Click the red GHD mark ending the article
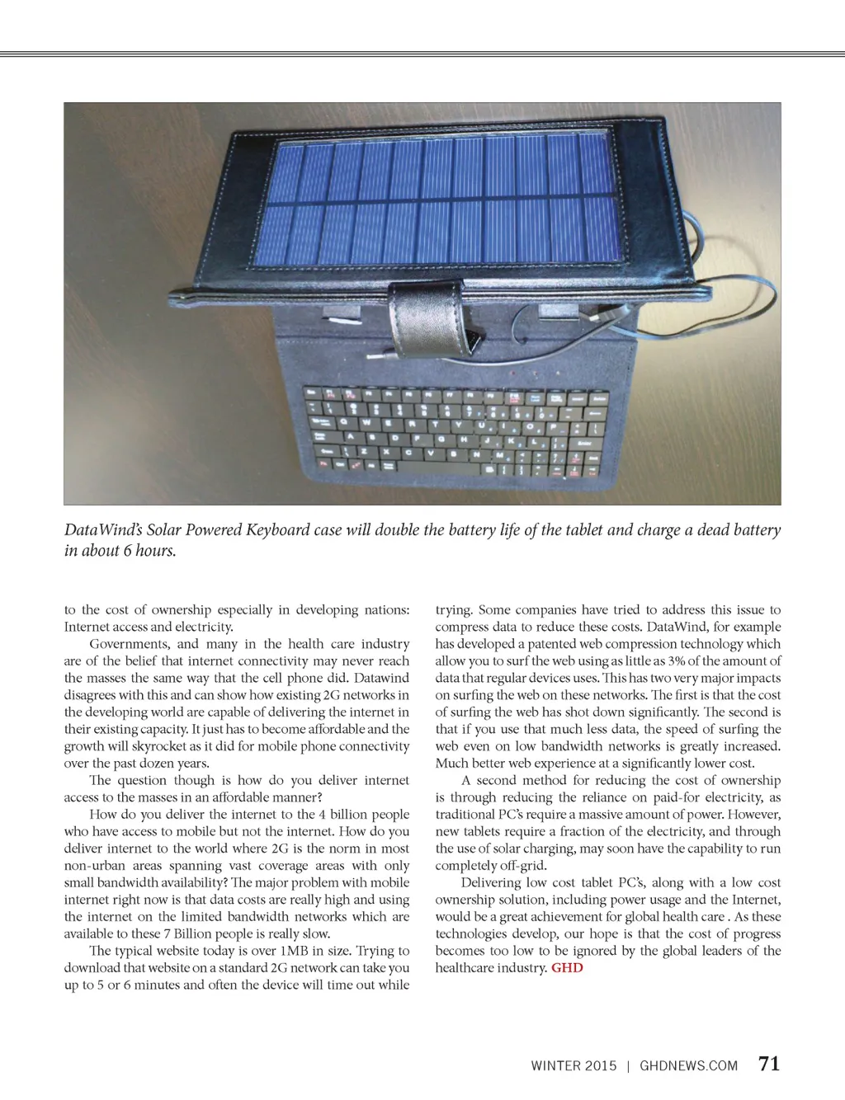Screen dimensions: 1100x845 point(567,967)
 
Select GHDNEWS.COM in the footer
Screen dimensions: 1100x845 point(688,1065)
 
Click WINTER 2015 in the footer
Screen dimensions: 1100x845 point(574,1065)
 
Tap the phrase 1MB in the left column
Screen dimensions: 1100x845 point(295,951)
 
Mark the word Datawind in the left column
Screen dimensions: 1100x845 point(382,678)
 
